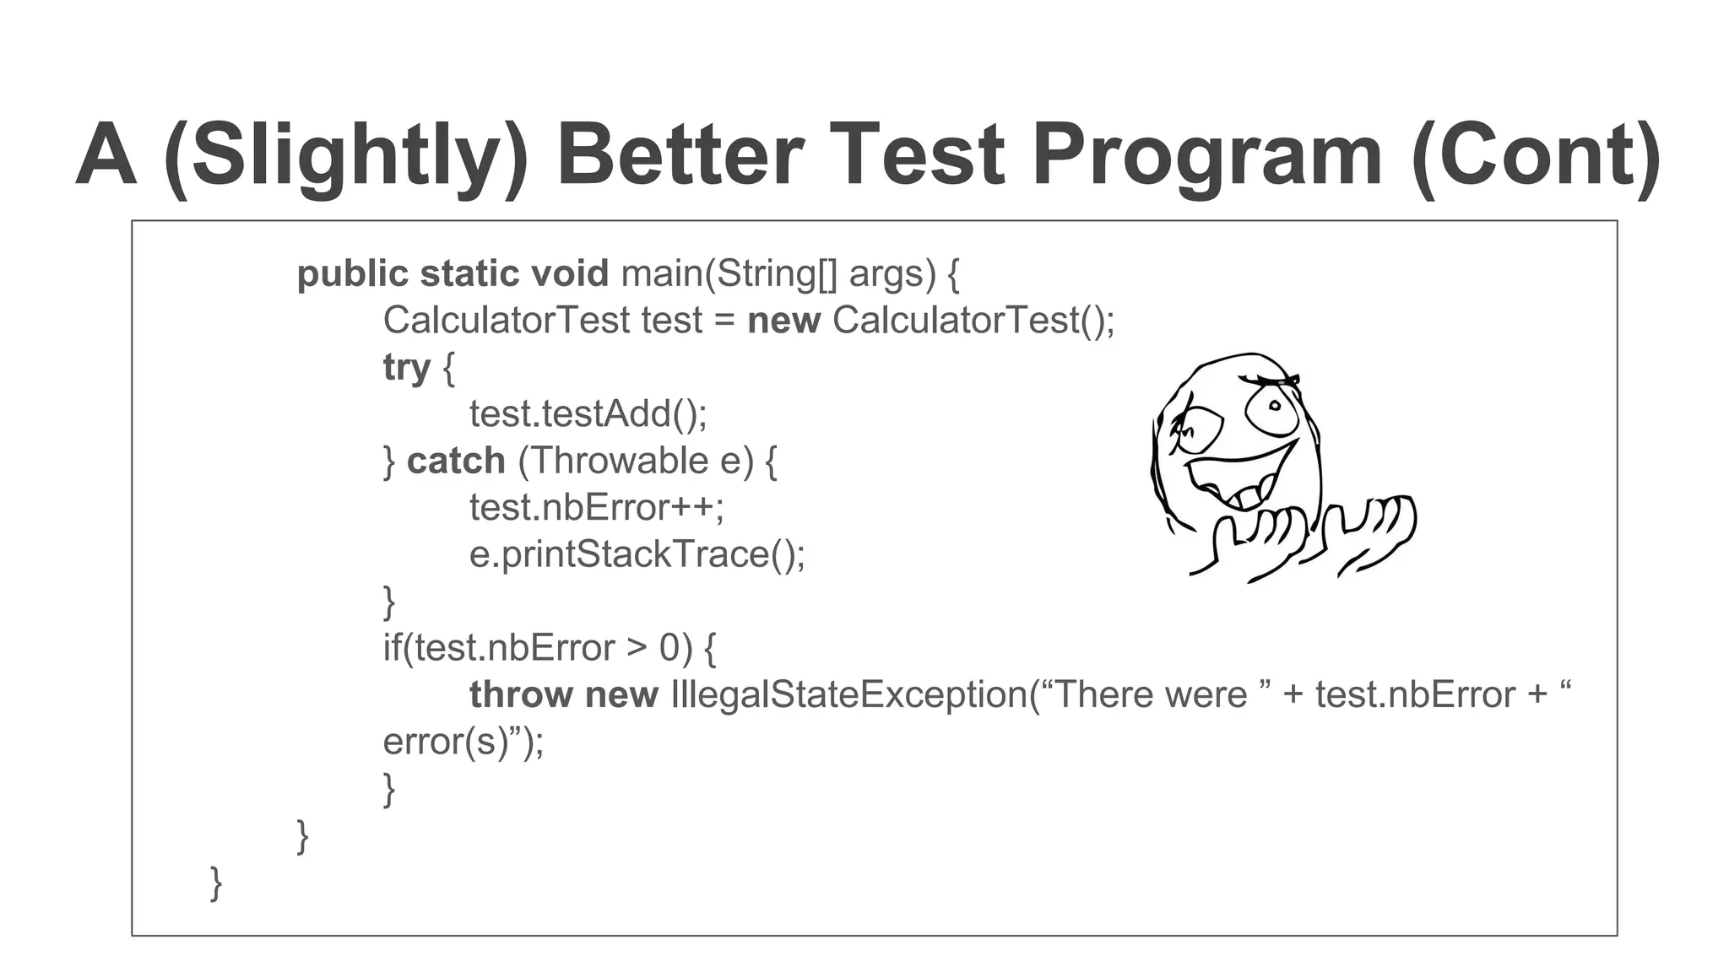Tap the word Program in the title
1207,156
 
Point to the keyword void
570,274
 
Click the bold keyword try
407,368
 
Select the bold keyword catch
456,462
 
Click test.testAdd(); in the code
588,414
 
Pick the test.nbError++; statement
597,508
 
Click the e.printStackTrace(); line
637,555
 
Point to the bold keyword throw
521,695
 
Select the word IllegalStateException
848,695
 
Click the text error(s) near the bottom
446,742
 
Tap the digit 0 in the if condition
669,648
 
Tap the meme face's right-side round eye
1272,409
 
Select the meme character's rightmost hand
1372,532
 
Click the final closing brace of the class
216,883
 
